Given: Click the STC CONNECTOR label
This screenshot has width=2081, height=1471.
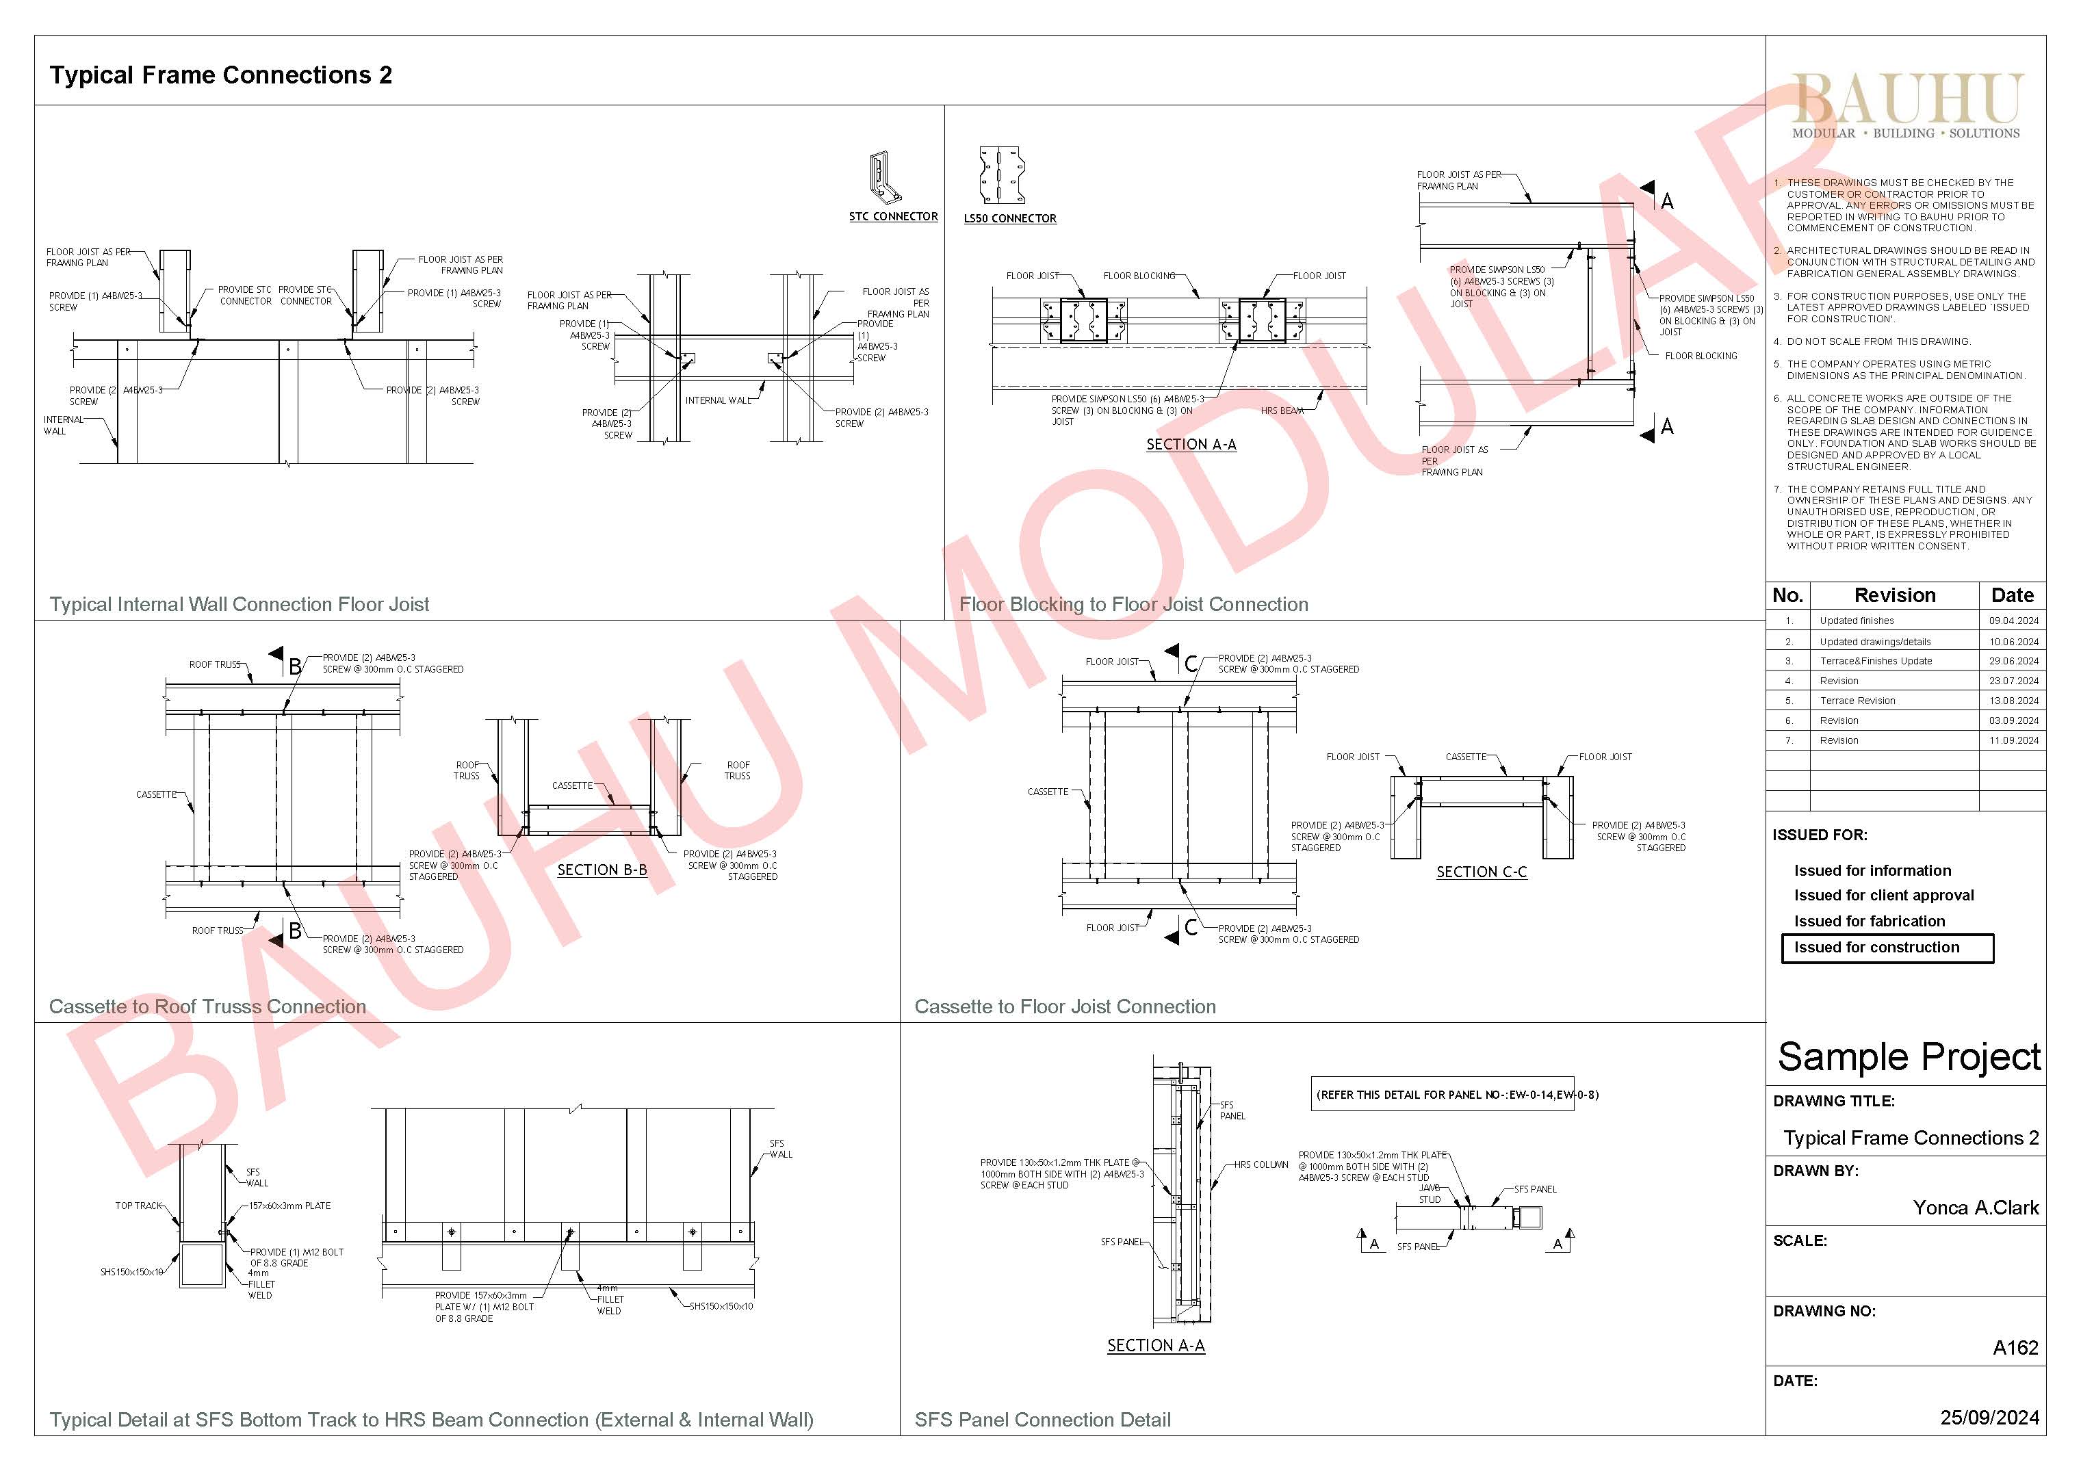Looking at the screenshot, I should click(x=893, y=217).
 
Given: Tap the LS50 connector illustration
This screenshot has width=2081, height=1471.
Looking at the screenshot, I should click(x=1002, y=175).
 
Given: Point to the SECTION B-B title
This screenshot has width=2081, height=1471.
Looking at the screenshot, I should click(x=602, y=870).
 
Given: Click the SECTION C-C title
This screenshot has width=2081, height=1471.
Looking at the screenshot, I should click(x=1481, y=872).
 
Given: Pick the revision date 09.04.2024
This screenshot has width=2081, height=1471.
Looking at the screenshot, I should click(x=2013, y=621).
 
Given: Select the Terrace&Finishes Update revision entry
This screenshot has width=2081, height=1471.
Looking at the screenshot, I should click(x=1875, y=661).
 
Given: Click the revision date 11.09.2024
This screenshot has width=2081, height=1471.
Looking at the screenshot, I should click(x=2013, y=740).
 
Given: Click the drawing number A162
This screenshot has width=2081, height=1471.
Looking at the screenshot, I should click(x=2015, y=1348).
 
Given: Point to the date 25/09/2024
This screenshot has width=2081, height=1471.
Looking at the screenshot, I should click(x=1989, y=1418).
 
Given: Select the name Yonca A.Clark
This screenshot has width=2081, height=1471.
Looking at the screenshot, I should click(x=1975, y=1208).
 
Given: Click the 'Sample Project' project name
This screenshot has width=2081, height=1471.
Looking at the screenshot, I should click(x=1908, y=1057).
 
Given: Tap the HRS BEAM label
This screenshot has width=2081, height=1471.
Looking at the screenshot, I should click(x=1282, y=411).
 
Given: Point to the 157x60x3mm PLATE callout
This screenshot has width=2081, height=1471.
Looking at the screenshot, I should click(x=290, y=1206).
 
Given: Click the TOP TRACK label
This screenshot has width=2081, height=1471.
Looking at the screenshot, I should click(x=138, y=1206).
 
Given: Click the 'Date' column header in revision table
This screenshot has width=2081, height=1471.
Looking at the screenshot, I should click(x=2012, y=595).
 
